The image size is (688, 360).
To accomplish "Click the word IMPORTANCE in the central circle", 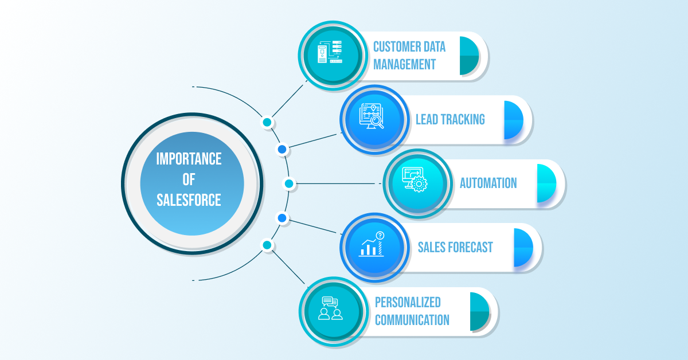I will click(189, 159).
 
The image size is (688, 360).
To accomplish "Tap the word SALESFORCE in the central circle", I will click(189, 201).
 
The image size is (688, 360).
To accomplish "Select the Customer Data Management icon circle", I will click(332, 56).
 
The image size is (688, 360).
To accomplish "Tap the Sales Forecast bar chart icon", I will click(373, 246).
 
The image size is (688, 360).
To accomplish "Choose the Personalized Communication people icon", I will click(331, 310).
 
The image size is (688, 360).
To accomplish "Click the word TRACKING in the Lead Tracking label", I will click(462, 120).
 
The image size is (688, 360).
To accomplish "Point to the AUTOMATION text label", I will click(488, 183).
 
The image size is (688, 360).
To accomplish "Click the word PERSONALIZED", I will click(407, 302).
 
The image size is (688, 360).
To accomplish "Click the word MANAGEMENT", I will click(404, 64).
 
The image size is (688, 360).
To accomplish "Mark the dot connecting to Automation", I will click(289, 183).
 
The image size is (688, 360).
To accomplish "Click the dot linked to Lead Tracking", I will click(282, 150).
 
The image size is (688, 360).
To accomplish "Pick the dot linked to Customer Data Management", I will click(267, 122).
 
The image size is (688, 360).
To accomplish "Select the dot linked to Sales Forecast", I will click(282, 218).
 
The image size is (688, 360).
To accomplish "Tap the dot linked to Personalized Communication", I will click(267, 245).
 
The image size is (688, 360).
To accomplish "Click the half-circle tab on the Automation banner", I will click(546, 183).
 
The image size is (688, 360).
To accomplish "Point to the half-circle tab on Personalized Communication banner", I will click(479, 311).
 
